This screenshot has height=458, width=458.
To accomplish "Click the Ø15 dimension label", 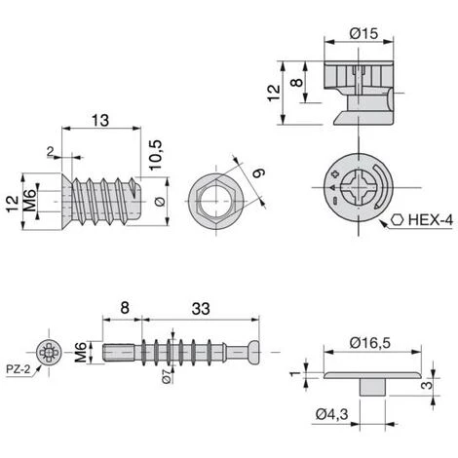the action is click(x=363, y=33).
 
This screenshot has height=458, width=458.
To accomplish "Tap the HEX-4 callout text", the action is click(x=430, y=220).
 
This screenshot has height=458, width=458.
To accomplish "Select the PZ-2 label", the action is click(x=19, y=369).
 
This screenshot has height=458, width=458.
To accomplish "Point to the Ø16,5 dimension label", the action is click(x=370, y=343).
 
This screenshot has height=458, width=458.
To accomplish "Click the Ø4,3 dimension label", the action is click(x=331, y=414).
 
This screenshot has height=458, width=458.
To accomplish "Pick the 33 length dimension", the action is click(x=201, y=309).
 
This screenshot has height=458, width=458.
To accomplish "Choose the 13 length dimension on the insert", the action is click(x=100, y=120).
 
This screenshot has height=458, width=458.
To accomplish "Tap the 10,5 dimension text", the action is click(x=155, y=155).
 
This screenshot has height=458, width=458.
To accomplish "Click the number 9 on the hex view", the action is click(x=259, y=172).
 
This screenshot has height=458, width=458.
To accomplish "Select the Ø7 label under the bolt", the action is click(x=167, y=376).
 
